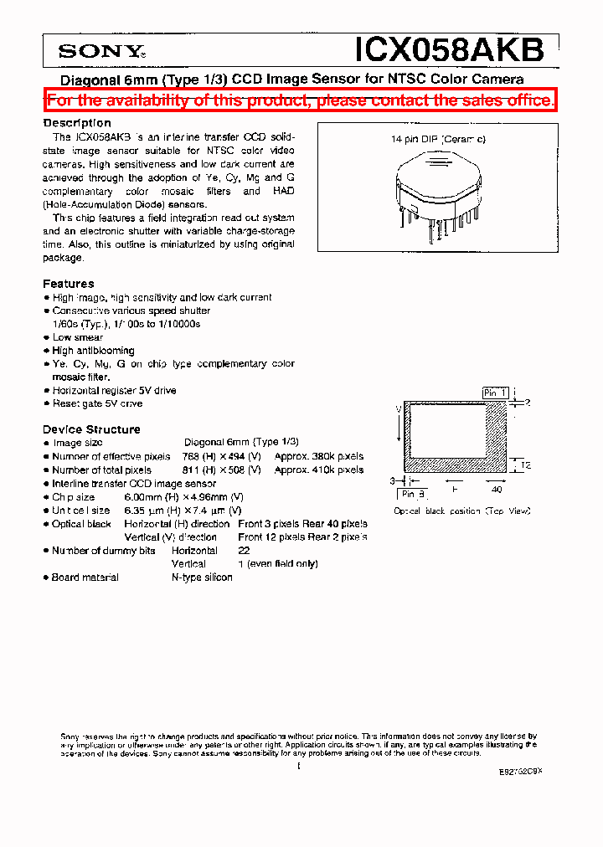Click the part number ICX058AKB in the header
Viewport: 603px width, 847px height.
[x=450, y=50]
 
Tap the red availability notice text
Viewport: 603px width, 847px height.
[x=301, y=100]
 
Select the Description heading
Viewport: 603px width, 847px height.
[x=77, y=123]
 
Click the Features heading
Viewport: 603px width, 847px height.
[x=69, y=284]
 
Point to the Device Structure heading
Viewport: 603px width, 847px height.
[x=91, y=429]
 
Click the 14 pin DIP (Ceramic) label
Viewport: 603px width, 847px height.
[x=438, y=140]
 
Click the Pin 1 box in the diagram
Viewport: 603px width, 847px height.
[x=495, y=393]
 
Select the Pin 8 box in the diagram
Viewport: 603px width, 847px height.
[x=415, y=493]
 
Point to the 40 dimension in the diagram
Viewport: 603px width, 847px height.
[x=497, y=490]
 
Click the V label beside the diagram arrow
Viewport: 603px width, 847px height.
[x=397, y=410]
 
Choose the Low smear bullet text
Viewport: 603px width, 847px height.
[x=78, y=337]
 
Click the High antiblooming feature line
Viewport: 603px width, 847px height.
[x=93, y=351]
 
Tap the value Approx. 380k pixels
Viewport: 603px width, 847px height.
[x=319, y=456]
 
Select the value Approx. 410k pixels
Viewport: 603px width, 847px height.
[x=319, y=470]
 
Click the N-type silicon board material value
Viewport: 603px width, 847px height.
[x=202, y=577]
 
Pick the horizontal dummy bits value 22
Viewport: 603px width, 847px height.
[x=244, y=551]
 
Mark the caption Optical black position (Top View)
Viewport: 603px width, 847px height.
[x=461, y=511]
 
